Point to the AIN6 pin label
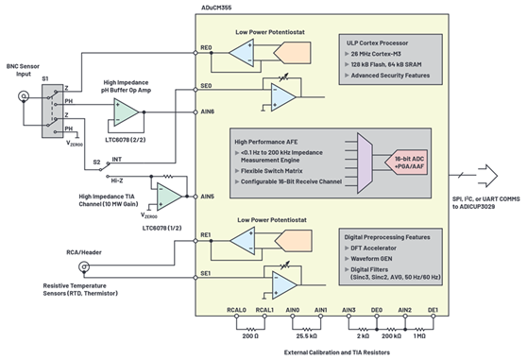tap(207, 111)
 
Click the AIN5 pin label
tap(207, 196)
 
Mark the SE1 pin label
tap(206, 273)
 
